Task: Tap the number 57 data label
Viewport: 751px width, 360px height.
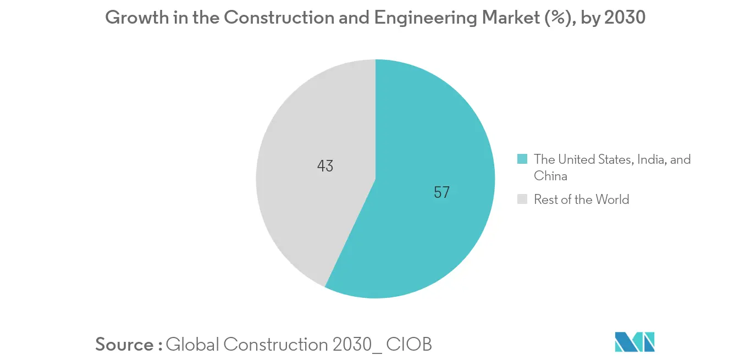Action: click(x=441, y=192)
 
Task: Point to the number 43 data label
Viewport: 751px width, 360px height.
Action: click(x=325, y=166)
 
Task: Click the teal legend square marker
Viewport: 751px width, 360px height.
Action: click(x=522, y=159)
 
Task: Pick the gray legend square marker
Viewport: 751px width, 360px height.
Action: click(x=522, y=199)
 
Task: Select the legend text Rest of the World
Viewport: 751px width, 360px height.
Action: click(x=581, y=200)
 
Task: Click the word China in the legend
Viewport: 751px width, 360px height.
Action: click(x=550, y=176)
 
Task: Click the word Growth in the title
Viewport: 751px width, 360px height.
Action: click(x=135, y=18)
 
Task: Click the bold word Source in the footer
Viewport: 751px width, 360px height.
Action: click(x=125, y=345)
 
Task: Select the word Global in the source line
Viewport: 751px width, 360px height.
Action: click(x=192, y=345)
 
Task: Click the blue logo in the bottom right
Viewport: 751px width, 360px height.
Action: click(x=634, y=342)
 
